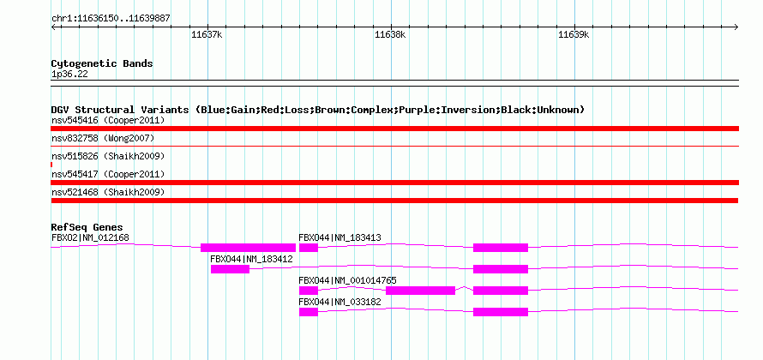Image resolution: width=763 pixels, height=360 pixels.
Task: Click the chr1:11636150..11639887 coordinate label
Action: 111,19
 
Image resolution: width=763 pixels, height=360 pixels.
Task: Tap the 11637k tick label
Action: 207,34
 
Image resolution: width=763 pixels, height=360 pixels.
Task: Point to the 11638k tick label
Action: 390,34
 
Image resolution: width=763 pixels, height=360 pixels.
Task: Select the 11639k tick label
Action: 574,34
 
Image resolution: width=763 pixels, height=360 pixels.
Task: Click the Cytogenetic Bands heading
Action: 102,63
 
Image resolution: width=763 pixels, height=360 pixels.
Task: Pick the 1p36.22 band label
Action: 69,75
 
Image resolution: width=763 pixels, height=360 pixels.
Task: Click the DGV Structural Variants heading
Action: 318,110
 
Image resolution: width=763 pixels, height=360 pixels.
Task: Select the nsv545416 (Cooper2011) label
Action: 108,120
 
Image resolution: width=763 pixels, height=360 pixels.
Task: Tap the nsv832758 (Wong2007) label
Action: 103,139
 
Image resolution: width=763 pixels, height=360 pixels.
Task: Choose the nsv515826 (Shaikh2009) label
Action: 108,157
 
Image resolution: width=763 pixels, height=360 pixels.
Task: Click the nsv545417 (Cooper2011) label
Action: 108,174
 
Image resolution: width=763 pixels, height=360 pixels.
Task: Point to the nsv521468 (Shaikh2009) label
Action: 108,193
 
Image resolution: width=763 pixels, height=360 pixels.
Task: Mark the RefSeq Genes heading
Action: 87,227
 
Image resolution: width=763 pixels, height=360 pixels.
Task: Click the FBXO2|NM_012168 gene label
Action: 91,238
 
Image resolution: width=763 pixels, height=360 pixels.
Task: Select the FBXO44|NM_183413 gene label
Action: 339,238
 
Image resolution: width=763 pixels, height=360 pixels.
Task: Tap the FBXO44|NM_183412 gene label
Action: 251,260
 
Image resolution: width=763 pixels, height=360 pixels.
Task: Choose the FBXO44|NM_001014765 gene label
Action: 347,280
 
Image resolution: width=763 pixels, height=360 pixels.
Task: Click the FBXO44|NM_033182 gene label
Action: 339,302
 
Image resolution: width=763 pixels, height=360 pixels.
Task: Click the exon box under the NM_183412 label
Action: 230,269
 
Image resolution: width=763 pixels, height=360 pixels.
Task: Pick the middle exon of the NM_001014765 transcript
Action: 420,291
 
